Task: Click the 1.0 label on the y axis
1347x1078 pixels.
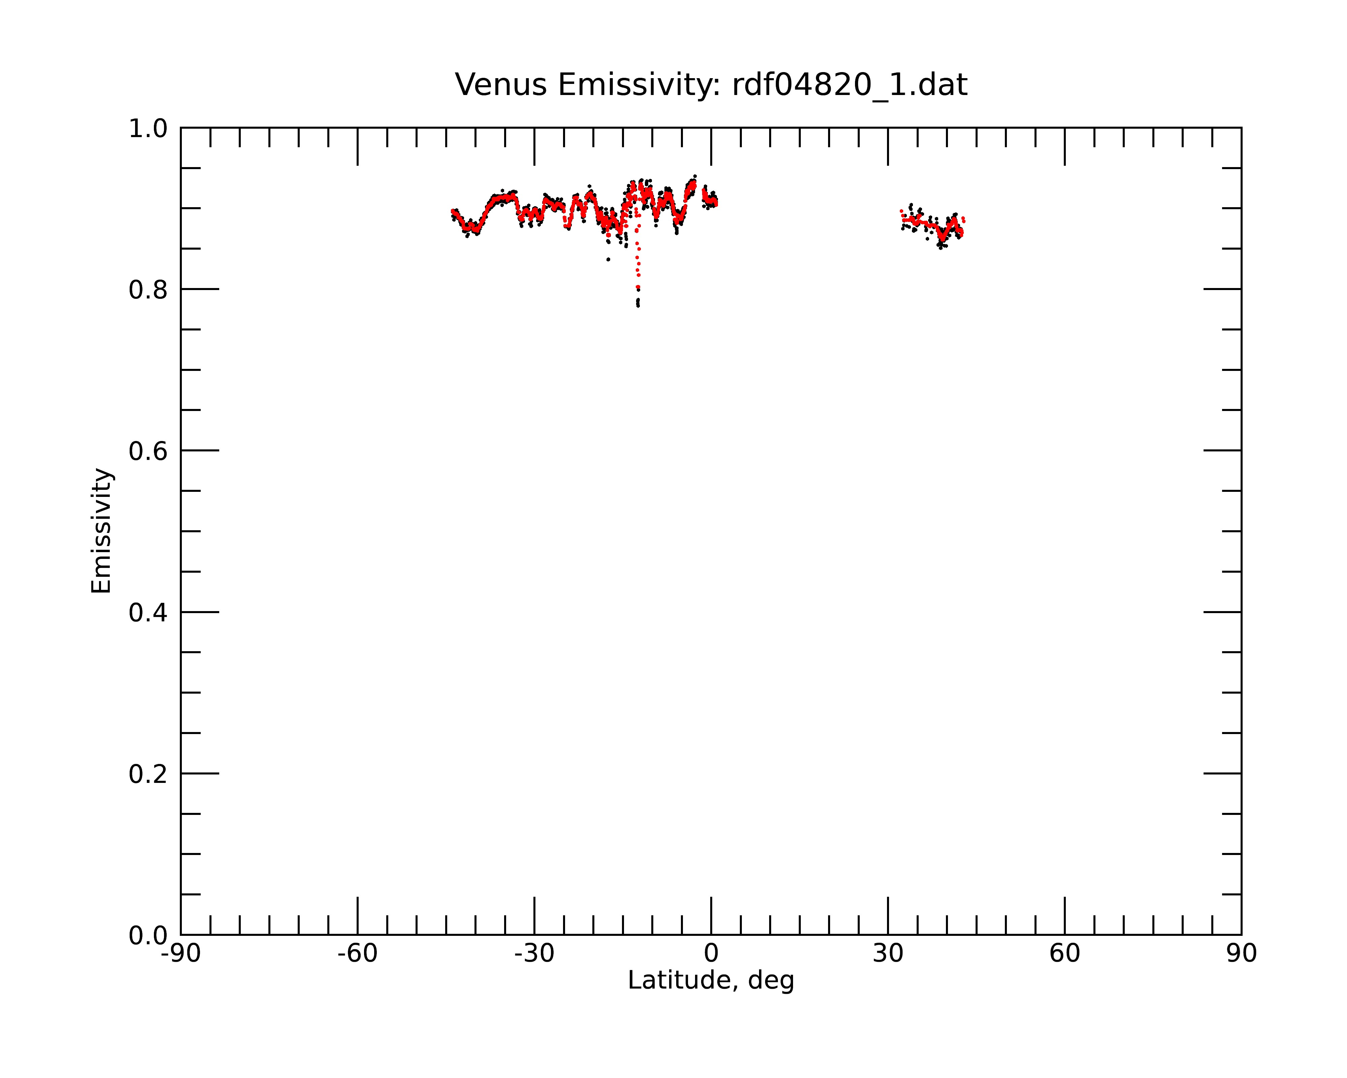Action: [148, 129]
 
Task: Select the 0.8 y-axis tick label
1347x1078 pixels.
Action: [148, 290]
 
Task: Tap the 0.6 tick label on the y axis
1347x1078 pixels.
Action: [148, 451]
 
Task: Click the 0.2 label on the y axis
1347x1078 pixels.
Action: [148, 774]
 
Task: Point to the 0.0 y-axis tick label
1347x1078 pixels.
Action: [148, 936]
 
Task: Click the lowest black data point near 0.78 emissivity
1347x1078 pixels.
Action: [638, 306]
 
